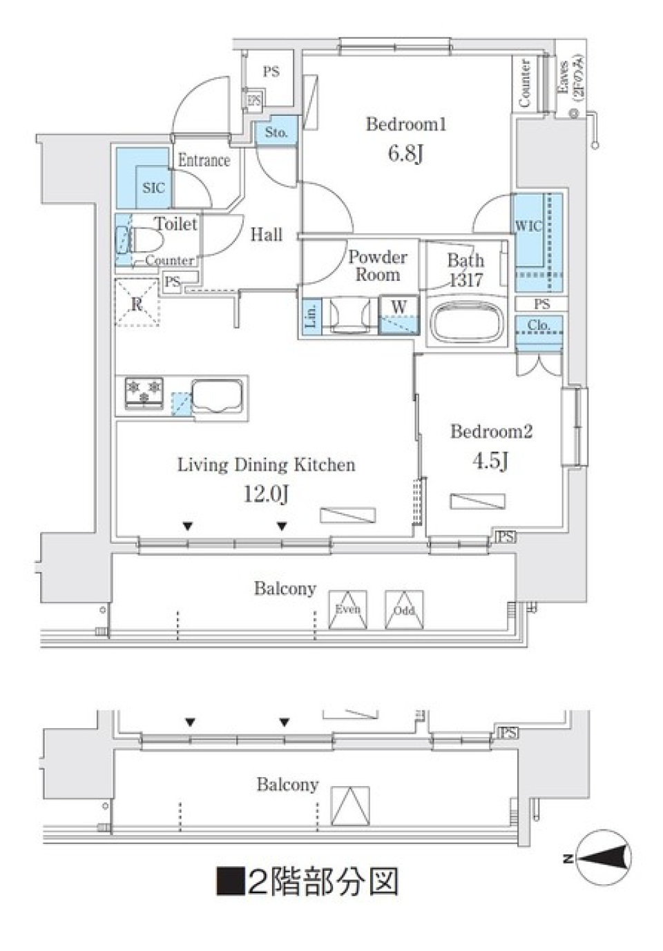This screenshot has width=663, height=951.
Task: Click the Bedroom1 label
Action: click(405, 124)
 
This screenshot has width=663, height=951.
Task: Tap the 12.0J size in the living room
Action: click(266, 493)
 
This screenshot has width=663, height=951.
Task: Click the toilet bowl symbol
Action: click(145, 242)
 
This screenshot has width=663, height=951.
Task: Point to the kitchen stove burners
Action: click(144, 391)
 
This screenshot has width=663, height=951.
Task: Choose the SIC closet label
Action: click(153, 188)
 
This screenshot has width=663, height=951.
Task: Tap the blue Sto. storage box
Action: click(276, 132)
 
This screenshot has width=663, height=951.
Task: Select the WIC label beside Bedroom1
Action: click(528, 226)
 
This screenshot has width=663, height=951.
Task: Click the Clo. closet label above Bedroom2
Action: click(539, 324)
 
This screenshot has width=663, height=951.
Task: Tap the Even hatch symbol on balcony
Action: click(347, 610)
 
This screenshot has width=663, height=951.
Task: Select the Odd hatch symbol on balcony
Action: click(404, 610)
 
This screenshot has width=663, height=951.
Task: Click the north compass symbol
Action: click(602, 858)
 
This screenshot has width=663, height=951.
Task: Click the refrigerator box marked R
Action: click(137, 303)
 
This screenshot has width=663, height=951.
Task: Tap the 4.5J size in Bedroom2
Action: click(490, 460)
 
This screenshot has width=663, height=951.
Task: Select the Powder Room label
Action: click(377, 266)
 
